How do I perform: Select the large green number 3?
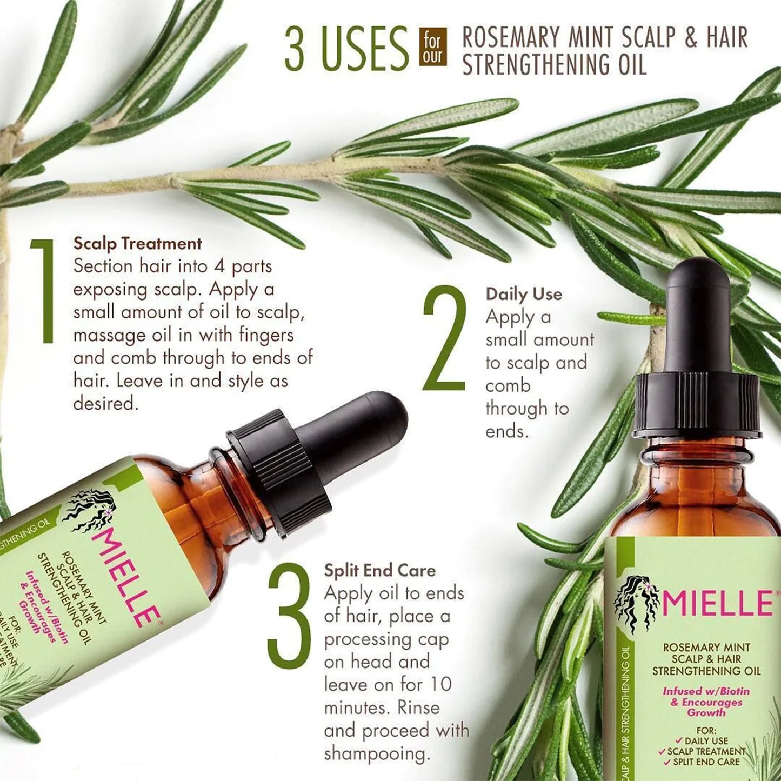(289, 615)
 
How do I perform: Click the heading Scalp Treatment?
(137, 243)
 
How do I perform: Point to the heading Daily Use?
(523, 294)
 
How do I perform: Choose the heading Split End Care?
(379, 570)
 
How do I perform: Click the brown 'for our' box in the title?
(433, 48)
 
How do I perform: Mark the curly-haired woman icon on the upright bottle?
(637, 602)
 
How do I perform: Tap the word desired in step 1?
(106, 403)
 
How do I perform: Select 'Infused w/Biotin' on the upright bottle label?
(706, 691)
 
